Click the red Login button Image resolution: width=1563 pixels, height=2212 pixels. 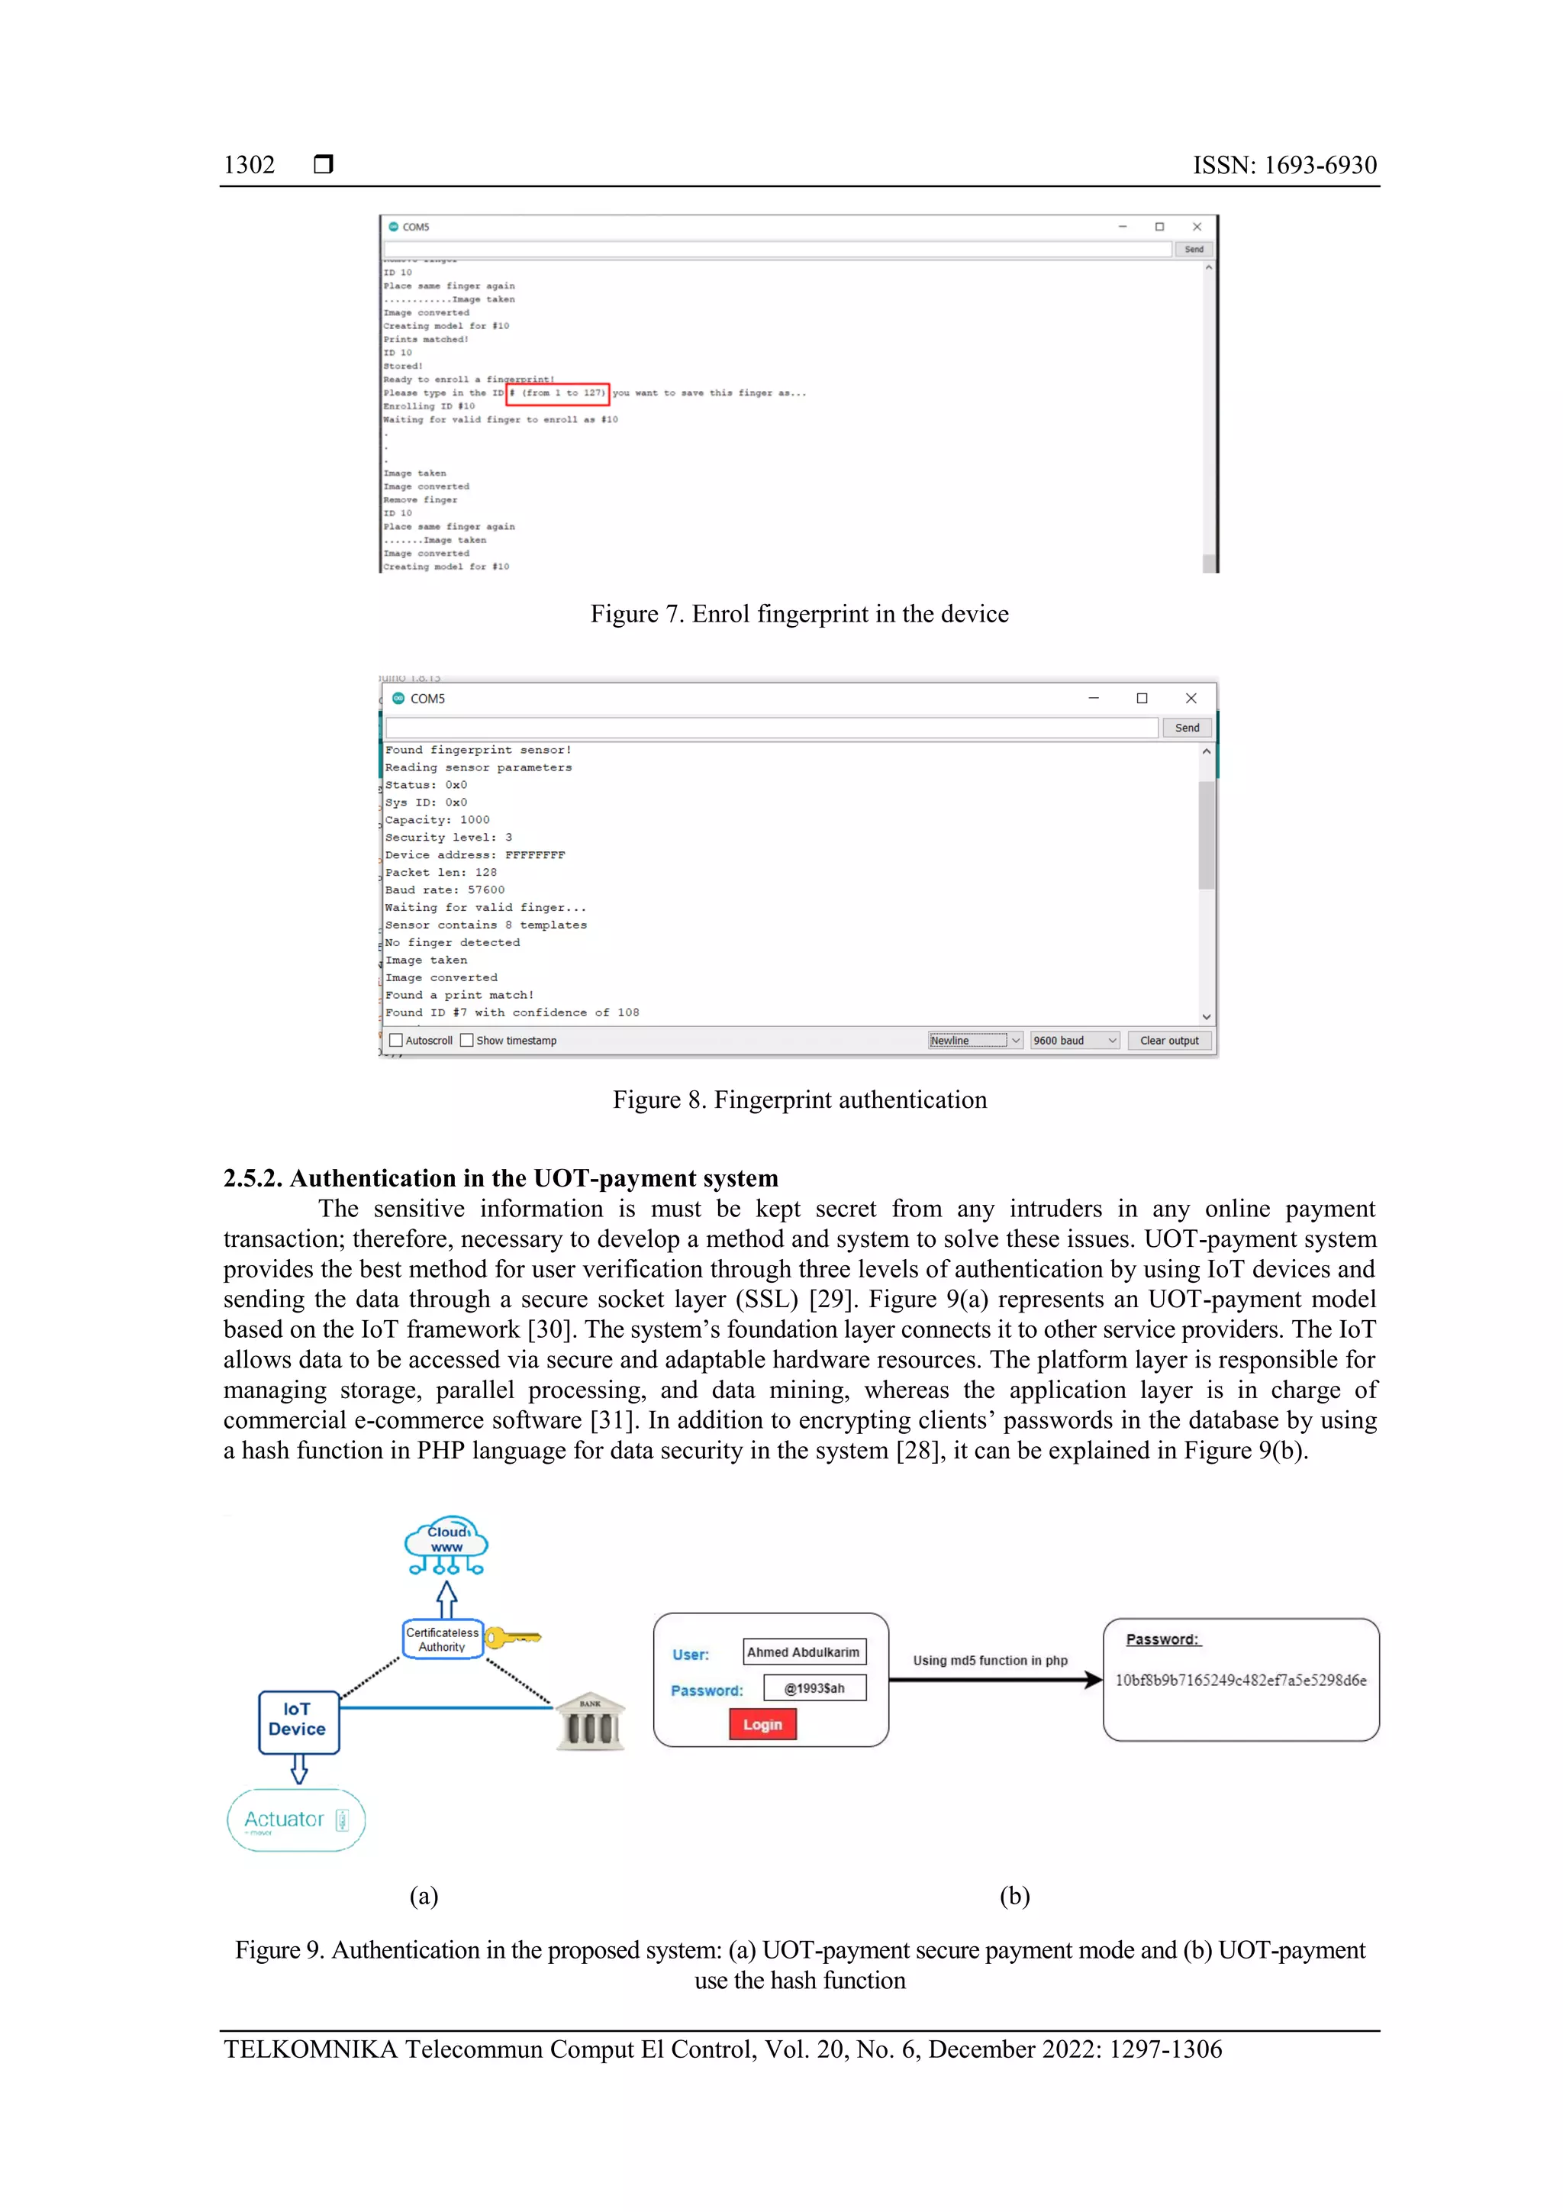point(762,1723)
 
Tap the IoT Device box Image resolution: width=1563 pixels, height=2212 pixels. point(298,1722)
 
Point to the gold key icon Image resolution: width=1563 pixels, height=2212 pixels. point(512,1638)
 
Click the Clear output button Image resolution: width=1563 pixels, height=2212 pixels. point(1169,1041)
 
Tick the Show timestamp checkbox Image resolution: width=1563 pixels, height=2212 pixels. point(467,1041)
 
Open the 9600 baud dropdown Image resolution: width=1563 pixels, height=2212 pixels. point(1075,1041)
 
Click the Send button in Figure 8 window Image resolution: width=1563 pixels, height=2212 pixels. point(1187,728)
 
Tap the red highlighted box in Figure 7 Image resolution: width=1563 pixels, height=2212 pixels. point(558,393)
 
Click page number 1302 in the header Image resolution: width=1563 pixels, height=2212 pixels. point(250,166)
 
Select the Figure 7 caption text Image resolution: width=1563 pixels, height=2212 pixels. point(799,615)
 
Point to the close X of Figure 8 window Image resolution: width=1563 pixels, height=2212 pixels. point(1191,699)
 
